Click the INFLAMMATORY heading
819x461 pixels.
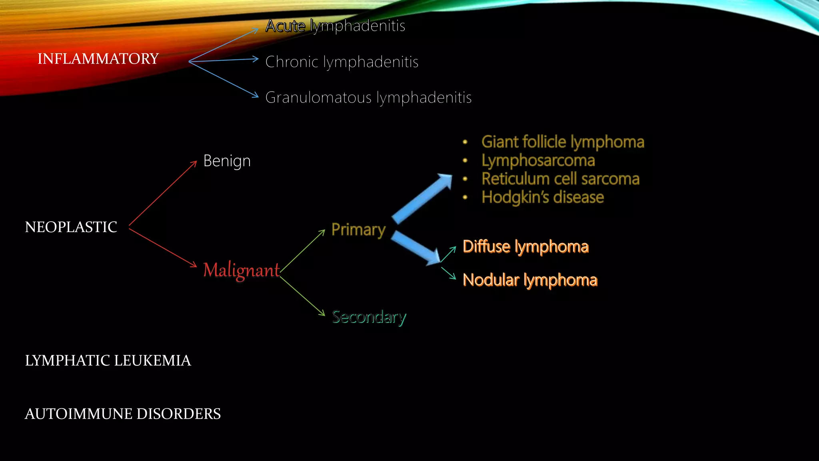click(x=98, y=59)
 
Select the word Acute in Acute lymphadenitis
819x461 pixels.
click(x=285, y=26)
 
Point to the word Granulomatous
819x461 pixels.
click(x=318, y=98)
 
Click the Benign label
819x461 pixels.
click(x=227, y=161)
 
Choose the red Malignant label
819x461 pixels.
click(x=241, y=270)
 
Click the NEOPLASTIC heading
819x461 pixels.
click(x=71, y=227)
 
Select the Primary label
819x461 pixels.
click(x=358, y=230)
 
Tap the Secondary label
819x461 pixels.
click(x=369, y=317)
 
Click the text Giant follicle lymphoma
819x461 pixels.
click(x=563, y=142)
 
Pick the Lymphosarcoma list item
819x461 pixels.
click(x=538, y=160)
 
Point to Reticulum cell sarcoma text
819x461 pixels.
click(x=560, y=179)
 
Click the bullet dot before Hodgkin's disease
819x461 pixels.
click(x=465, y=197)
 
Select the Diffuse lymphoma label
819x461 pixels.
click(x=525, y=247)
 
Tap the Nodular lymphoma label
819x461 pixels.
click(x=530, y=280)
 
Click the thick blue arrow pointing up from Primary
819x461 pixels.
click(x=422, y=198)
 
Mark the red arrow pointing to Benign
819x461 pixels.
click(x=163, y=193)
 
